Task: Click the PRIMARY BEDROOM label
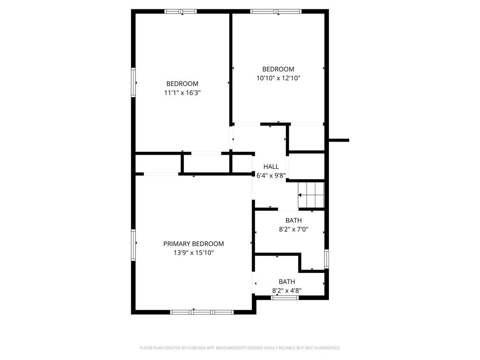(193, 244)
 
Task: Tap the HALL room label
(271, 166)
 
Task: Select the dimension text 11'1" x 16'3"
(182, 93)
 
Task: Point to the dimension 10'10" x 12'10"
(278, 78)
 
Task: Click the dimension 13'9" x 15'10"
(194, 253)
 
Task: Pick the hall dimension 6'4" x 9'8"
(271, 175)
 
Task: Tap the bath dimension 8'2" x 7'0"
(293, 230)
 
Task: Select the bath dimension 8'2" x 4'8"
(287, 291)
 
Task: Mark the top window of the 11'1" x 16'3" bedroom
(180, 11)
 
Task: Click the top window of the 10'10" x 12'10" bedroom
(276, 11)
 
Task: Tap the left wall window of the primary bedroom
(134, 243)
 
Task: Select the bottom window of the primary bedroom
(202, 312)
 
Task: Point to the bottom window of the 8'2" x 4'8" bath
(285, 297)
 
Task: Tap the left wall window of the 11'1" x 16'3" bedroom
(134, 82)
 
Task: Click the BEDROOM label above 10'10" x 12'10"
(278, 69)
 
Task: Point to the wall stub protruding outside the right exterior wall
(339, 140)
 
